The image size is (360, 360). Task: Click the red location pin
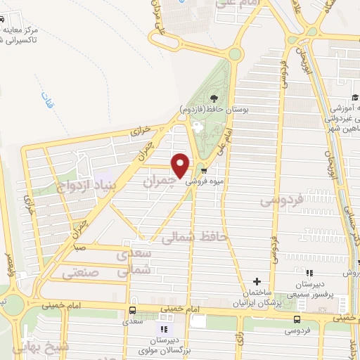point(181,165)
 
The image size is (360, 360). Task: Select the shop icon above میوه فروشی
point(204,170)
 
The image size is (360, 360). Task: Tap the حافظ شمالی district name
point(195,239)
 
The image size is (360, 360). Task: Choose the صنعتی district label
point(82,271)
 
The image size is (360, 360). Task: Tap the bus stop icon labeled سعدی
point(132,311)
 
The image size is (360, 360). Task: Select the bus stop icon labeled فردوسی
point(289,319)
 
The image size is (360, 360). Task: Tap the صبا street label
point(82,247)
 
